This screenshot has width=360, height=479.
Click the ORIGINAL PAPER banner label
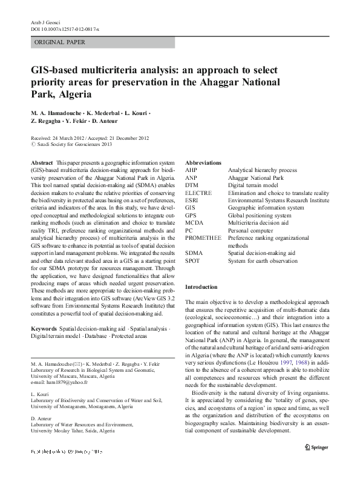pyautogui.click(x=59, y=42)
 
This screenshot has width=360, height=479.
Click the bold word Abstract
pyautogui.click(x=41, y=164)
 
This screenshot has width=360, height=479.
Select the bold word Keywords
pyautogui.click(x=44, y=328)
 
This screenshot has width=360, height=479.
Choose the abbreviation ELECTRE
pyautogui.click(x=199, y=193)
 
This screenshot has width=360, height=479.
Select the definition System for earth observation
pyautogui.click(x=263, y=261)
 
